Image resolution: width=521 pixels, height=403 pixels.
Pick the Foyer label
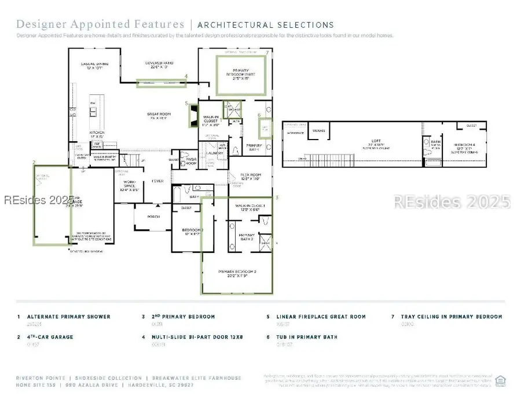[x=157, y=181]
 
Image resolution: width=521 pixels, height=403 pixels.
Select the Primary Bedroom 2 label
[x=237, y=272]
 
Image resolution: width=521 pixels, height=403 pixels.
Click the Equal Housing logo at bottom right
[x=501, y=380]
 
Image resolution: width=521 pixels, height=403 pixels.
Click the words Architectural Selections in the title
[x=266, y=25]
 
